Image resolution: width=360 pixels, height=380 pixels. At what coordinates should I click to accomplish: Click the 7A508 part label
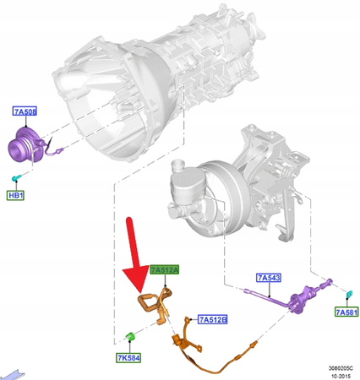(25, 111)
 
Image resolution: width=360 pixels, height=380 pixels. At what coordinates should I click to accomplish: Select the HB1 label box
(17, 196)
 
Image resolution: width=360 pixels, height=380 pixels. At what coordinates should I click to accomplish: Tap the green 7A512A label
(165, 269)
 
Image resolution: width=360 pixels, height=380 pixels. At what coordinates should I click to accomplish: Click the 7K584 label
(128, 357)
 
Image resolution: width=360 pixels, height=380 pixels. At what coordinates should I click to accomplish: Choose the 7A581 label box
(346, 312)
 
